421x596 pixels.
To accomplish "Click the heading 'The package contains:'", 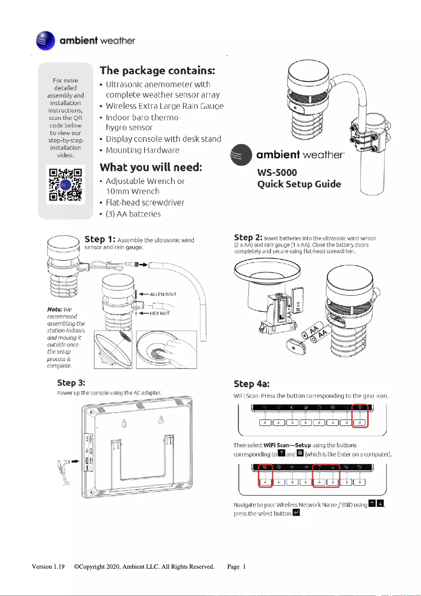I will click(157, 70).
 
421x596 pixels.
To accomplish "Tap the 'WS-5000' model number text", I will click(277, 172).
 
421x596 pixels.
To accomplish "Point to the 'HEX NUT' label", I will click(161, 313).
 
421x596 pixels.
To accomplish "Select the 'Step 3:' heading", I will click(71, 382).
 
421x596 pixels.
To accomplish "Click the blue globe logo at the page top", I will click(45, 40).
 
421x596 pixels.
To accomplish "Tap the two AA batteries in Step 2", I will click(318, 334).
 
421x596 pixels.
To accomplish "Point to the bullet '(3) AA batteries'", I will click(133, 214).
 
